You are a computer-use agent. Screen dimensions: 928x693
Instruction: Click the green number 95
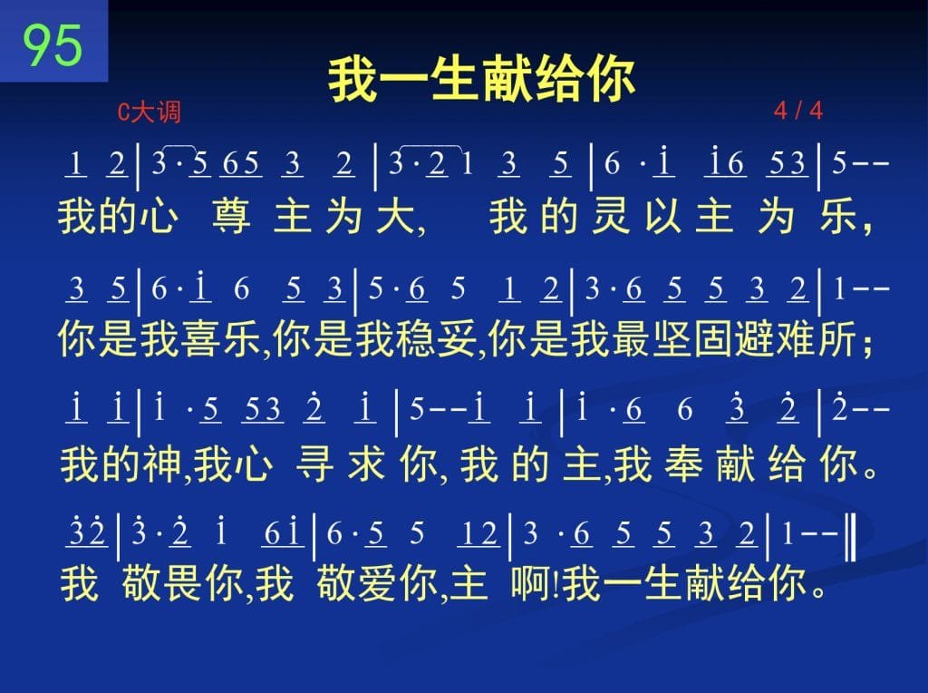[x=53, y=45]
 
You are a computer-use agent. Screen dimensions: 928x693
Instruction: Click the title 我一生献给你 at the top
[x=482, y=80]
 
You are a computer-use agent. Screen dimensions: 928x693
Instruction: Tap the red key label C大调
[x=150, y=112]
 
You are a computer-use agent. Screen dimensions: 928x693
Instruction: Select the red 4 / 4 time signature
[x=797, y=110]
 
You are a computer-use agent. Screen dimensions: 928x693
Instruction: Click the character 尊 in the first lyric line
[x=231, y=216]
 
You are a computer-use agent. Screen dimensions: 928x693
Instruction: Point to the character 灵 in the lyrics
[x=611, y=216]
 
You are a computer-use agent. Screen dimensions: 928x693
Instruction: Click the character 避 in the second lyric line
[x=754, y=339]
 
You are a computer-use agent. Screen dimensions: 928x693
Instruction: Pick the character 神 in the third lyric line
[x=161, y=464]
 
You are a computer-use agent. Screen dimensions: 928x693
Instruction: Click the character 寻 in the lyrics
[x=314, y=464]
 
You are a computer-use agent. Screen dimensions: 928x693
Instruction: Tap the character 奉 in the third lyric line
[x=683, y=464]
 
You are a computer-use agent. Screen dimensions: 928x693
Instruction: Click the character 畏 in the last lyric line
[x=183, y=583]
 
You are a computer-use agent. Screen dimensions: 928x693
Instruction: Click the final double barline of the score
[x=850, y=537]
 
